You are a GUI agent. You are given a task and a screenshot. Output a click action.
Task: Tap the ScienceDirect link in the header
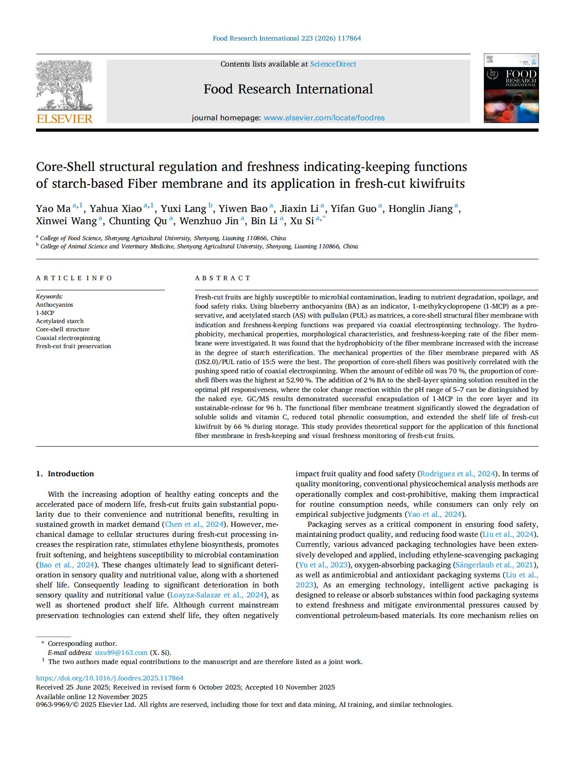point(333,64)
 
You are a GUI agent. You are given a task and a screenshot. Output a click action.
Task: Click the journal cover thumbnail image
point(511,88)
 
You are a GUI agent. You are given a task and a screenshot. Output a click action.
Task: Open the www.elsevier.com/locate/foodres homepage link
point(324,118)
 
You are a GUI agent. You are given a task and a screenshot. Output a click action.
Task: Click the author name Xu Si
point(302,221)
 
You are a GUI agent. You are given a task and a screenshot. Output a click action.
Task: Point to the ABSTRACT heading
point(223,278)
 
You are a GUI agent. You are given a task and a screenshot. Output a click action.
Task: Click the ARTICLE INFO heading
point(74,278)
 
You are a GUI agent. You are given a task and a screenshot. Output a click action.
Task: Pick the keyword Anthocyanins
point(55,305)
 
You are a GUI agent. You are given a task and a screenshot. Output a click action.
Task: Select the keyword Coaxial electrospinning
point(68,338)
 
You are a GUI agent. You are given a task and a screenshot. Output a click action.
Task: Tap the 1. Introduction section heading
point(65,474)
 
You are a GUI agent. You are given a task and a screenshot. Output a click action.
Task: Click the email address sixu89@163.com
point(121,653)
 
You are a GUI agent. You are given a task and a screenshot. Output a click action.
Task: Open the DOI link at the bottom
point(110,678)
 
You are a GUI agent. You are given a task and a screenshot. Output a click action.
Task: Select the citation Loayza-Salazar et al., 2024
point(217,595)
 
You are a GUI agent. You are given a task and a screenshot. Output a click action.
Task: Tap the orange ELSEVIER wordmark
point(64,119)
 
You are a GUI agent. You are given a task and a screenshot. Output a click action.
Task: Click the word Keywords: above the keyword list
point(49,297)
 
